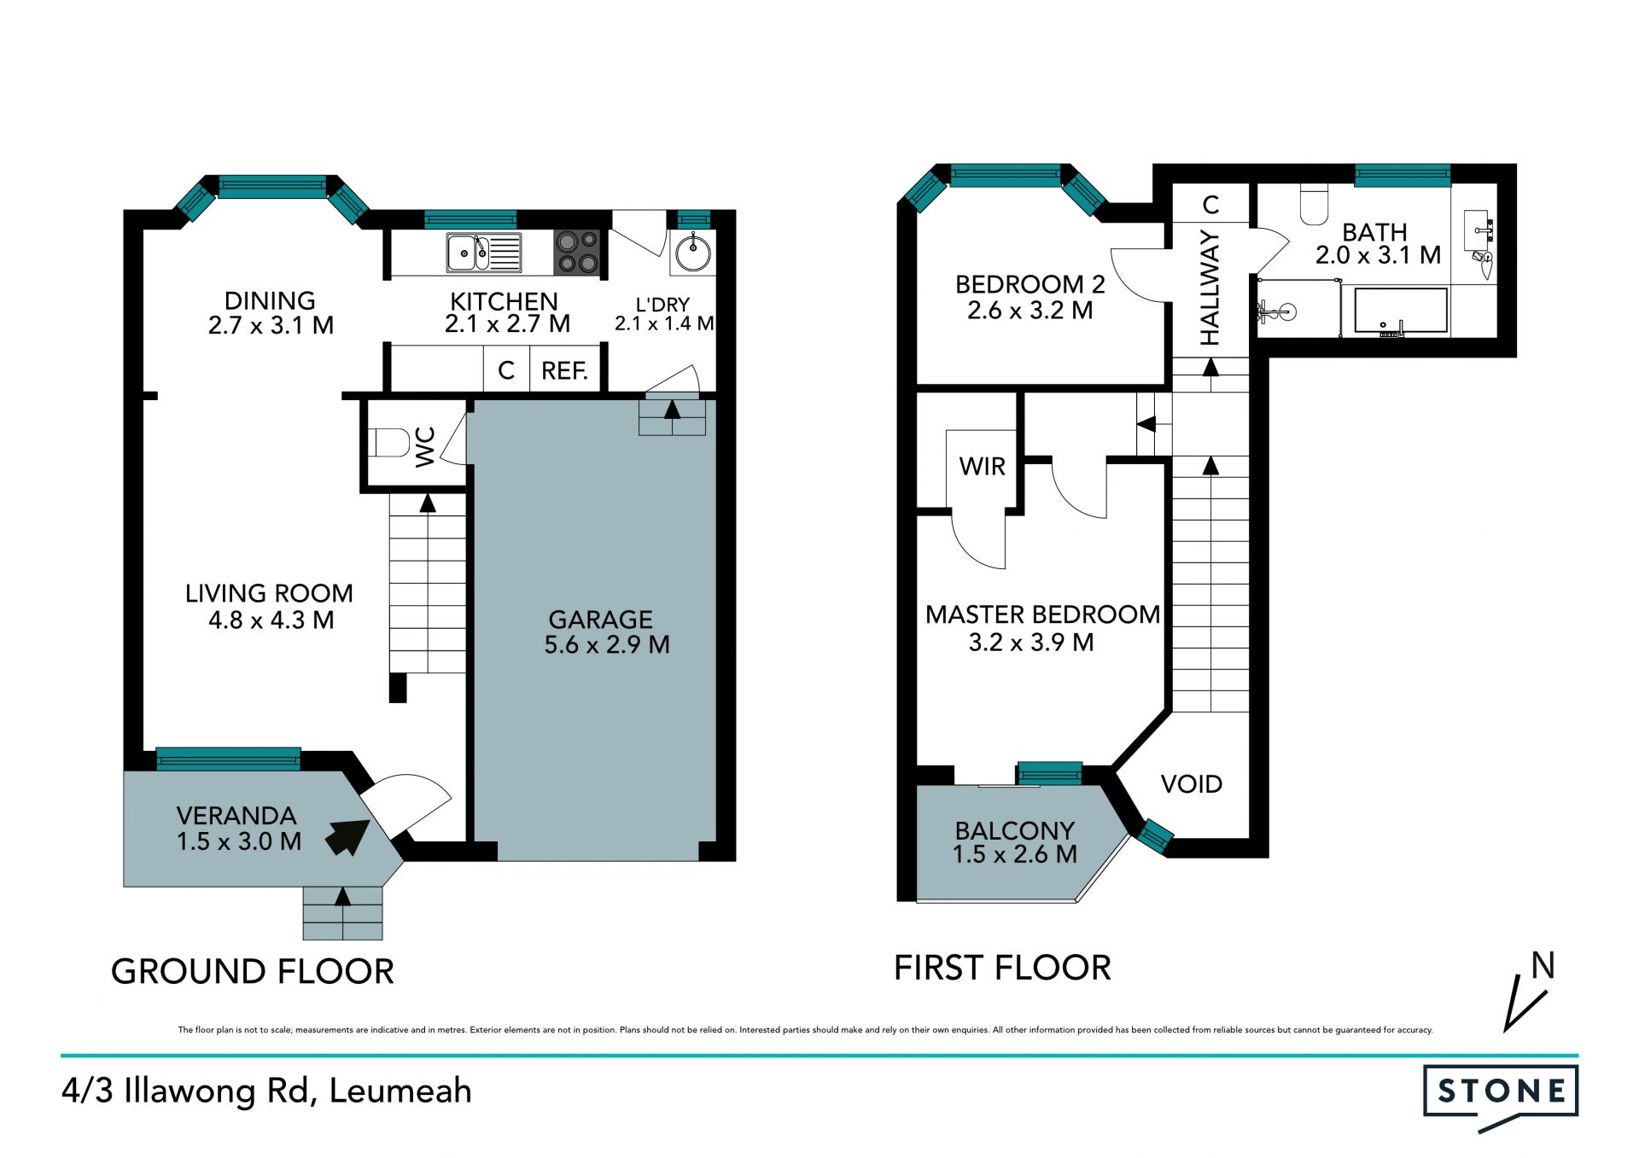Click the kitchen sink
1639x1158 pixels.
pos(483,253)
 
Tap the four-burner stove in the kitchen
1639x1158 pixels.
pos(577,253)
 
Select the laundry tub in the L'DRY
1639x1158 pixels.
pos(692,253)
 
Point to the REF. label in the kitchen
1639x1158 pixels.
pos(564,371)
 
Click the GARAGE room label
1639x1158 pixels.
pos(601,620)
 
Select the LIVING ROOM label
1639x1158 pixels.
pos(269,593)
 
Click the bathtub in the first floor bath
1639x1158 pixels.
pos(1401,311)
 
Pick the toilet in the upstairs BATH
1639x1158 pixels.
pos(1315,204)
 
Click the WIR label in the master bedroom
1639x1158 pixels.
pos(983,467)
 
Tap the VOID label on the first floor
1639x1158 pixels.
pos(1192,784)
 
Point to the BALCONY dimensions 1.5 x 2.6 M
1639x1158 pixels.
pos(1015,854)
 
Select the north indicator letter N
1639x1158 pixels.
pos(1543,966)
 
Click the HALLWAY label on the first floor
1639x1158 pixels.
pos(1210,288)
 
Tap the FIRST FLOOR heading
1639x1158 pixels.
pos(1002,968)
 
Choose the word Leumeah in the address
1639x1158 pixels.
pos(400,1091)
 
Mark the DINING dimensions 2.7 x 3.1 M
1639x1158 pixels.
pos(271,325)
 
